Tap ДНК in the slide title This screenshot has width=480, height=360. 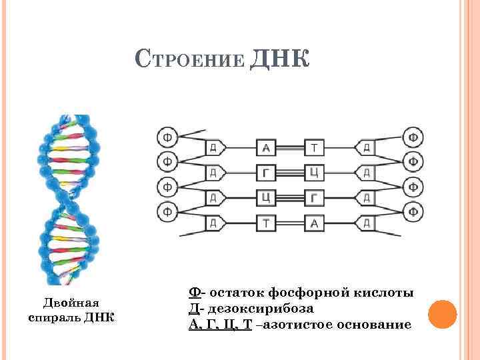(x=279, y=59)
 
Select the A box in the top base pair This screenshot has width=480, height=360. (x=267, y=147)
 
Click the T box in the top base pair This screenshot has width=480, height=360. (x=314, y=147)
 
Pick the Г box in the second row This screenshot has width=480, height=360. (x=267, y=173)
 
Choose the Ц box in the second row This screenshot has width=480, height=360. (x=314, y=173)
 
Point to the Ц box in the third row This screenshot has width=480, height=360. (x=267, y=197)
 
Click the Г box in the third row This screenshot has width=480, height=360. (x=314, y=197)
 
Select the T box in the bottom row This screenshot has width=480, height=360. (x=267, y=223)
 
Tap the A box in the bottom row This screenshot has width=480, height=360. (x=314, y=223)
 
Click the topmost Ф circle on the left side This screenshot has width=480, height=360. (x=167, y=137)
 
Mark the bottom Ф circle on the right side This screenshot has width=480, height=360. (x=414, y=212)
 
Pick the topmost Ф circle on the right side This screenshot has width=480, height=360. (x=414, y=137)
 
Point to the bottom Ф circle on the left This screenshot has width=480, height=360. (x=167, y=212)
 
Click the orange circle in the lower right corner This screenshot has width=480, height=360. (x=441, y=313)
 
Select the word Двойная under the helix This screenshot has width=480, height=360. (x=71, y=301)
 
